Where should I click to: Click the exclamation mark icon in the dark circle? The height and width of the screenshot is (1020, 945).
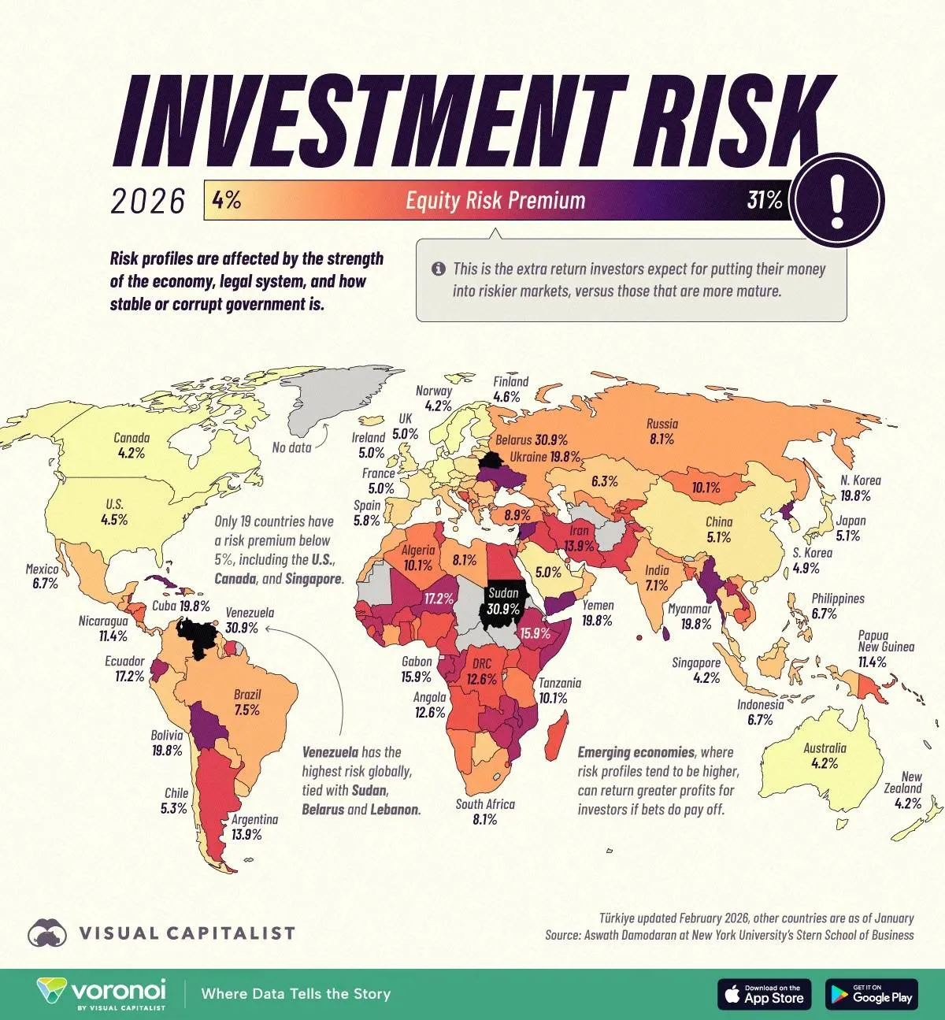tap(838, 200)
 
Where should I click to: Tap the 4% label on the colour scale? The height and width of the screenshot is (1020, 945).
tap(226, 201)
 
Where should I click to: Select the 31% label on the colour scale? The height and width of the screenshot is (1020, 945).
tap(764, 201)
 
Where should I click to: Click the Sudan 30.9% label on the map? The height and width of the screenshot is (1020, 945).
tap(503, 601)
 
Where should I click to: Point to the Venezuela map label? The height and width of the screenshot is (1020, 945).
tap(249, 613)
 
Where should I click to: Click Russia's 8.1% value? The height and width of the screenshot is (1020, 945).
tap(661, 440)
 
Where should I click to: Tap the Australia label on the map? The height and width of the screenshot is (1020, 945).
tap(825, 748)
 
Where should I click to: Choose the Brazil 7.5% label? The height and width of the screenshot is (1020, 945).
tap(246, 702)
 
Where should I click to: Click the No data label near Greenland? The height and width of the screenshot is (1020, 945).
tap(291, 447)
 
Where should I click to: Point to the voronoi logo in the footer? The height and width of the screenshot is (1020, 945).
tap(102, 992)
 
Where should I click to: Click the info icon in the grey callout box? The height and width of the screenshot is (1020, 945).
tap(438, 269)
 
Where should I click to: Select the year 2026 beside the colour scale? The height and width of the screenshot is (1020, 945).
tap(147, 202)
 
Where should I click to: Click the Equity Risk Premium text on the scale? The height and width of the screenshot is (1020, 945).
tap(495, 201)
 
